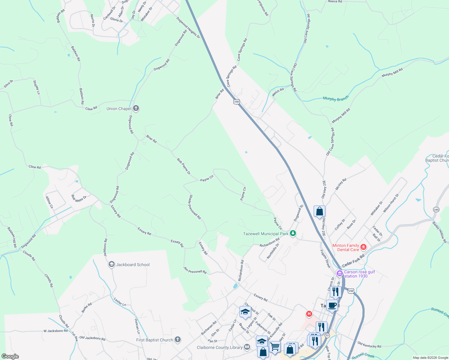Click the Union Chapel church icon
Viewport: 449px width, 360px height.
136,108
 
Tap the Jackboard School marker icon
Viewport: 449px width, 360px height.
112,264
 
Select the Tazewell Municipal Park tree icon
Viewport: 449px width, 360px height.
293,233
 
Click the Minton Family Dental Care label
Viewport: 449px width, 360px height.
346,247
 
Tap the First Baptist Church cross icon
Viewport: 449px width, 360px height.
178,340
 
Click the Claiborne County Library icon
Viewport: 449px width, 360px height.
247,347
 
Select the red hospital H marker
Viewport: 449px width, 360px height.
309,314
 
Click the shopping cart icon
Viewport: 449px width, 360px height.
275,347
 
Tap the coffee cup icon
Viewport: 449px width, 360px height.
332,305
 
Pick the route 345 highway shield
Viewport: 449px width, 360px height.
436,209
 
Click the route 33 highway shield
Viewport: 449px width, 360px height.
327,335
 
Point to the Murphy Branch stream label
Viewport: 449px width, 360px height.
336,99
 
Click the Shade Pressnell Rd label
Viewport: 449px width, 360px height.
194,207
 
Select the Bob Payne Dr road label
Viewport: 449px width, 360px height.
184,166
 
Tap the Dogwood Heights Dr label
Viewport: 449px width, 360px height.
188,28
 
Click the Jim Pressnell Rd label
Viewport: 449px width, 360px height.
195,270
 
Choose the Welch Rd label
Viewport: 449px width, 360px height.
278,92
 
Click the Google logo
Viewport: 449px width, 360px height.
10,356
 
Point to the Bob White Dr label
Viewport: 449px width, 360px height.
79,199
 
